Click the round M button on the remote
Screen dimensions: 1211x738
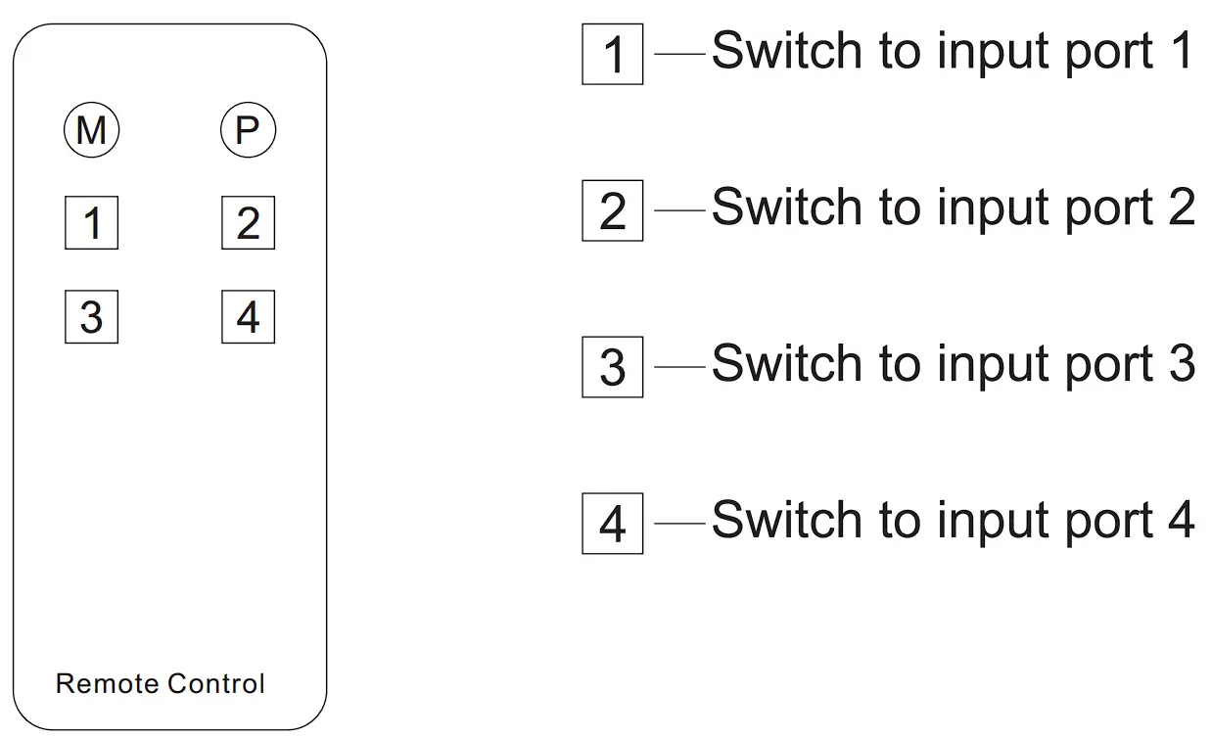pos(91,130)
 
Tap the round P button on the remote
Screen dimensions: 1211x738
pos(248,130)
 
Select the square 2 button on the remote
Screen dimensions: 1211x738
pos(248,223)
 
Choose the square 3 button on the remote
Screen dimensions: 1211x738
pos(91,316)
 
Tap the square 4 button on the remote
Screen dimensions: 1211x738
pos(248,316)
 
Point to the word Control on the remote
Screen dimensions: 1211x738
pos(216,683)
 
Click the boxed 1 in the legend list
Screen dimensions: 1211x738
pos(613,54)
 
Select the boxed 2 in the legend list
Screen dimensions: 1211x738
pos(613,210)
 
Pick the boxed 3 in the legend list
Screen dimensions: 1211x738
pos(613,367)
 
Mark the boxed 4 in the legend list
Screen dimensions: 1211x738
pos(613,524)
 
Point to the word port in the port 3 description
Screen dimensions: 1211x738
pos(1104,364)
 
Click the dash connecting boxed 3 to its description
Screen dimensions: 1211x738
pos(678,367)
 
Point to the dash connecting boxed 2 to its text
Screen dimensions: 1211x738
pos(678,210)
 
